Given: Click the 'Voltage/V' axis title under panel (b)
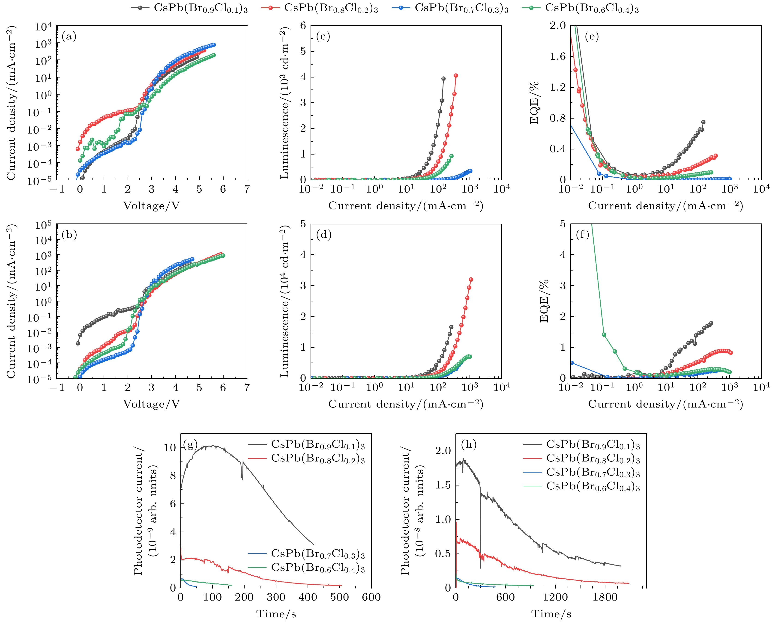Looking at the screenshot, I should (151, 404).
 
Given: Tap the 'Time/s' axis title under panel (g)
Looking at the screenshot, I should (276, 614).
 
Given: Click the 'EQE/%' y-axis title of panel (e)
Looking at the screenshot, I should (534, 103).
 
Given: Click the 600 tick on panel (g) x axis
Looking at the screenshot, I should (371, 597).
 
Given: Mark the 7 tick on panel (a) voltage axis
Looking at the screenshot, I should (247, 189).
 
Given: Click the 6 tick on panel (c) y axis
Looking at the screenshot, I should (303, 25).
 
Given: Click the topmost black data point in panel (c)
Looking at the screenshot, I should (443, 78).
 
